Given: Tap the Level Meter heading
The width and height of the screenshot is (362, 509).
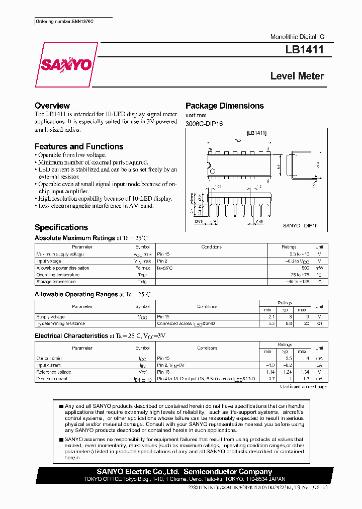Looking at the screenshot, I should (297, 76).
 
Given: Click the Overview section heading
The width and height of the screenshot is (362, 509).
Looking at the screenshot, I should (52, 106).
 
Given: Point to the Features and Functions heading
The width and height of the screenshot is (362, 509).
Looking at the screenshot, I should (79, 146).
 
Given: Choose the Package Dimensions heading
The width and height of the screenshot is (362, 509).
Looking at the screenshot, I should (224, 106).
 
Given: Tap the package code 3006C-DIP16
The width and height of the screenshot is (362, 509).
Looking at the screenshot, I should (204, 124).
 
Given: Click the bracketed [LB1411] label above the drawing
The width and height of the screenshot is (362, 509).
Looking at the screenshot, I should (256, 133).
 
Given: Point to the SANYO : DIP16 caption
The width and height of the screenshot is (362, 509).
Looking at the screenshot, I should (300, 226).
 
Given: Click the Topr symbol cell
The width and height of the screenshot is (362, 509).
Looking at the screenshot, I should (142, 275).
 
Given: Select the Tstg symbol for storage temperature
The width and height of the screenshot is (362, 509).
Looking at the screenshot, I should (142, 282).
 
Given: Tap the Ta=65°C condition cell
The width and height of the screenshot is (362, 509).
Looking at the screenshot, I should (165, 268).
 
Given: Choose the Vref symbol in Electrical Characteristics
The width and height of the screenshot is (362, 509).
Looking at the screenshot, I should (142, 372).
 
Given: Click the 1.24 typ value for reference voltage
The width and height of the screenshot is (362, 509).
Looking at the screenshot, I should (287, 372).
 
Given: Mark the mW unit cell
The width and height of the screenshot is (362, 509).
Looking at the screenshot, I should (319, 268).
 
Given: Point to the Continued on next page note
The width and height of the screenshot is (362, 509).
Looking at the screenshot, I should (303, 386).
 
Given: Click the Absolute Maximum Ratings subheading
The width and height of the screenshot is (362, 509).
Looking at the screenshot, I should (75, 237).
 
